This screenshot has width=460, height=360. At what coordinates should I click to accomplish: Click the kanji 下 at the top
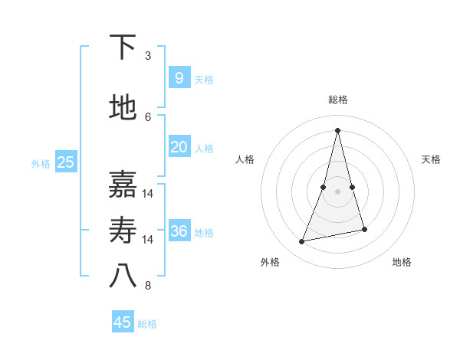pyautogui.click(x=123, y=48)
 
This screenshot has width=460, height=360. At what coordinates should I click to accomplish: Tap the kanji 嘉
pyautogui.click(x=123, y=185)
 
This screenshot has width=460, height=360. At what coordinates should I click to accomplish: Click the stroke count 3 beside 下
pyautogui.click(x=148, y=56)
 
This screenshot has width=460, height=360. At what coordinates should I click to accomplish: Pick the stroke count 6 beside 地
pyautogui.click(x=148, y=116)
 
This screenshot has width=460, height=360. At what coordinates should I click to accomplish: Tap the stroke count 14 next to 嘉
pyautogui.click(x=148, y=194)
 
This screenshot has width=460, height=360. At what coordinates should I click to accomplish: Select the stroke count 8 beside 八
pyautogui.click(x=148, y=286)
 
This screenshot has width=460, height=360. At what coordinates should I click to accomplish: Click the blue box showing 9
pyautogui.click(x=179, y=77)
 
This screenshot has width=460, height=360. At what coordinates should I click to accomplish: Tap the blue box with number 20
pyautogui.click(x=179, y=147)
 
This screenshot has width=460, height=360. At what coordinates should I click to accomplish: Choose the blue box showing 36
pyautogui.click(x=179, y=231)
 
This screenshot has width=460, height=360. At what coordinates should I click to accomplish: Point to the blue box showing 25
pyautogui.click(x=65, y=162)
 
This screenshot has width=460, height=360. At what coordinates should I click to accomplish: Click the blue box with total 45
pyautogui.click(x=123, y=322)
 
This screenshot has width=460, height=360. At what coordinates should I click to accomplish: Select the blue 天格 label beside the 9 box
pyautogui.click(x=204, y=79)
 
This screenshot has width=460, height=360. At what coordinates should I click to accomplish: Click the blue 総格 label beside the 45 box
pyautogui.click(x=147, y=324)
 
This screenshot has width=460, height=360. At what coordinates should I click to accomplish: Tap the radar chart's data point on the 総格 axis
pyautogui.click(x=337, y=130)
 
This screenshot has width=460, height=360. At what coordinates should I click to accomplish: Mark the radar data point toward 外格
pyautogui.click(x=302, y=242)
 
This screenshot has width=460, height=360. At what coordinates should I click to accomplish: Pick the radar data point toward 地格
pyautogui.click(x=364, y=230)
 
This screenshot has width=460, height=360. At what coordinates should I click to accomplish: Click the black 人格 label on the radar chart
pyautogui.click(x=245, y=159)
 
